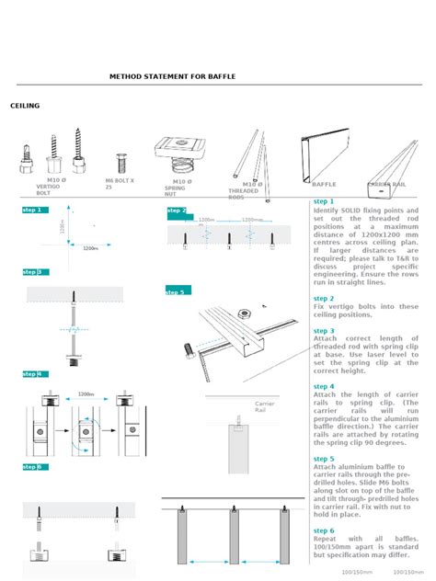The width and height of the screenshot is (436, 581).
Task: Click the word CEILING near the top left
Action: (25, 106)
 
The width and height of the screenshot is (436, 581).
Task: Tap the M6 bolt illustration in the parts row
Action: (120, 165)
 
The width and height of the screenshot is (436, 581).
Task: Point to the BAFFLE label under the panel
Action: (324, 184)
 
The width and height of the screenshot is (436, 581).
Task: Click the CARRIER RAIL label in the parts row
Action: (386, 184)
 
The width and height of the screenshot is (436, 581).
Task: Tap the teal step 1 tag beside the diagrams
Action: (33, 211)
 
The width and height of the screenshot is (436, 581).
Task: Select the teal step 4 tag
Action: (33, 374)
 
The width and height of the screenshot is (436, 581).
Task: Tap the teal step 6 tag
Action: (33, 467)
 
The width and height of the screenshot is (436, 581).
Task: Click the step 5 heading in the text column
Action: (324, 458)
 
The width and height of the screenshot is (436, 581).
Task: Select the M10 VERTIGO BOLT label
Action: (48, 187)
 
